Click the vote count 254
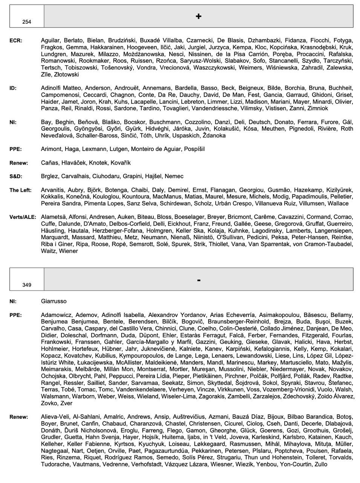point(27,22)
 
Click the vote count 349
point(27,285)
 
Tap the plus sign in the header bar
point(199,16)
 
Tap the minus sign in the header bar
point(199,280)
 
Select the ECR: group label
point(16,40)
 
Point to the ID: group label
point(13,88)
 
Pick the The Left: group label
point(20,190)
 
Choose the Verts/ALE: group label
point(23,217)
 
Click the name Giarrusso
point(54,301)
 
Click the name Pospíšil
point(194,149)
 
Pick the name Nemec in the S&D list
point(174,176)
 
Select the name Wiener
point(68,251)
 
